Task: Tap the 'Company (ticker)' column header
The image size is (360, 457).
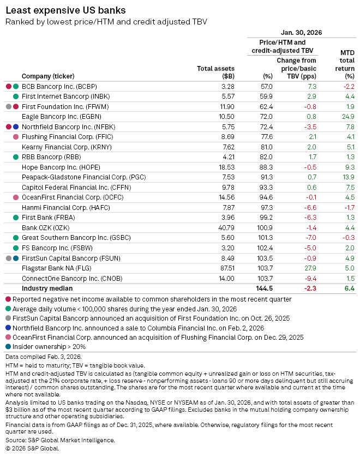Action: [x=48, y=76]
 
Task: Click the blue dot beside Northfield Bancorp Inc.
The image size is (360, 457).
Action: [x=16, y=127]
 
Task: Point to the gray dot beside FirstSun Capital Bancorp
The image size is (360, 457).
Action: [x=8, y=257]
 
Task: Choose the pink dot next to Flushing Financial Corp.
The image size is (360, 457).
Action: [x=16, y=137]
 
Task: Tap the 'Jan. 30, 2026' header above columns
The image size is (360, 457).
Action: [x=301, y=32]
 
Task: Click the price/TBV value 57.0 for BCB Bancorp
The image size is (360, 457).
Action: [x=266, y=86]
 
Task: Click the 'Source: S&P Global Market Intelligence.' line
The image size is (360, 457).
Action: [x=60, y=440]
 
